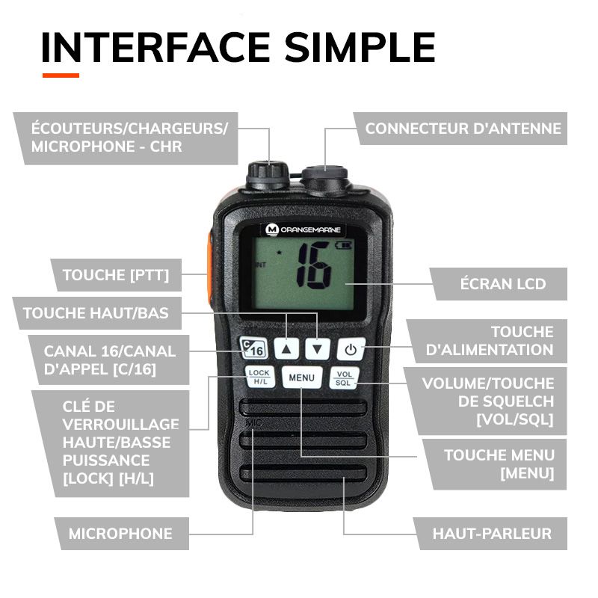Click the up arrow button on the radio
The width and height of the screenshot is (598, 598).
(289, 348)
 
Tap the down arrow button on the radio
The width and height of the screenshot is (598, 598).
(319, 348)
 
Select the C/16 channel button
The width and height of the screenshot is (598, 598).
(253, 347)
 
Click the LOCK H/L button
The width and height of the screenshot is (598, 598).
(259, 377)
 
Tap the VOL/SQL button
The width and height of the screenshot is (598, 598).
(344, 377)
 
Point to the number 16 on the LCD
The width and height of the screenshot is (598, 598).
(313, 266)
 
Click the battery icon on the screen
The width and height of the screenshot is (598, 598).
(345, 244)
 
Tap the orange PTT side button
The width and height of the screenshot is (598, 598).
(208, 262)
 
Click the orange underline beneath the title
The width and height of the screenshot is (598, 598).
(61, 75)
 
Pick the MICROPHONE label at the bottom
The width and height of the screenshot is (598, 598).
(120, 534)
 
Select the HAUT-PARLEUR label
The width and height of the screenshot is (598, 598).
(492, 534)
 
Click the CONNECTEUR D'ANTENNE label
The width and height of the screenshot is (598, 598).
(463, 129)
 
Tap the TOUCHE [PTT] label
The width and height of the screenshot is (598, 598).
(116, 276)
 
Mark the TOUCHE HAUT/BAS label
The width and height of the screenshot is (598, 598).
(96, 313)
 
